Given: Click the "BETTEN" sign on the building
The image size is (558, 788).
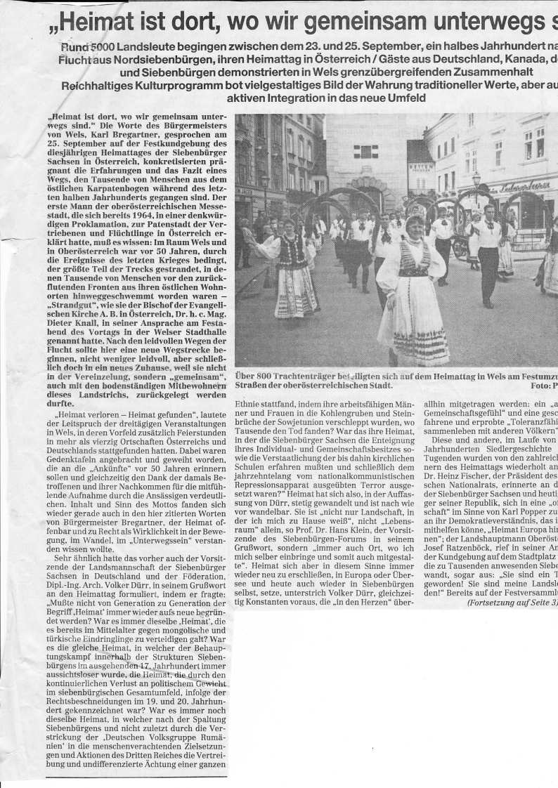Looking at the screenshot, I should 421,168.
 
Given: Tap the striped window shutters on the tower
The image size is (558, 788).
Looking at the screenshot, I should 365,152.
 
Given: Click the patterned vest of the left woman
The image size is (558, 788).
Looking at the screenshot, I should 290,251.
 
